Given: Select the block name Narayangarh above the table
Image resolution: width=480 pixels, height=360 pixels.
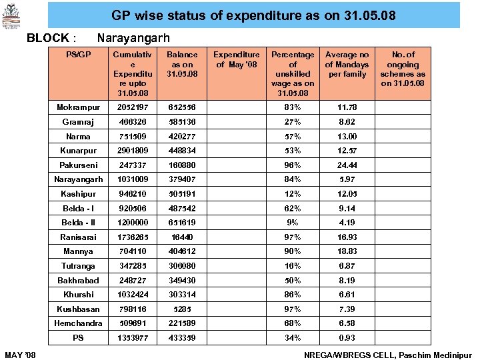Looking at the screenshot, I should point(133,38).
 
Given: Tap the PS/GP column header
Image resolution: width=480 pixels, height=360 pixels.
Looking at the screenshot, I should point(79,55).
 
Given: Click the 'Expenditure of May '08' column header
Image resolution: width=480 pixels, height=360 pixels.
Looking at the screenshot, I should point(237,59).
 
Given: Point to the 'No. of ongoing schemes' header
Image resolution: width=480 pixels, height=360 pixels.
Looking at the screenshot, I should point(403,69).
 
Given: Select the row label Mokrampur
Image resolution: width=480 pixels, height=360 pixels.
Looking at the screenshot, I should point(79,107).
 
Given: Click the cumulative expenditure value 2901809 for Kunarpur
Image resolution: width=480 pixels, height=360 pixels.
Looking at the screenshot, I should point(133,151).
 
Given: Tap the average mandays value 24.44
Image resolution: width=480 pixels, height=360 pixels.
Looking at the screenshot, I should point(347,165).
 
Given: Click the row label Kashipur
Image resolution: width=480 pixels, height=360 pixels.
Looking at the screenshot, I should point(79,194).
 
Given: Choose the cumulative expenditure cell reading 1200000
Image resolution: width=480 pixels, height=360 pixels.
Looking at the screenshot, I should point(133,223).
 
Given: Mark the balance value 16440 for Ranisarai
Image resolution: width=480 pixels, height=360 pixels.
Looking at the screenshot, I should point(182,237).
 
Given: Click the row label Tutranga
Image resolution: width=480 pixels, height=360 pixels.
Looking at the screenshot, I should point(79,266).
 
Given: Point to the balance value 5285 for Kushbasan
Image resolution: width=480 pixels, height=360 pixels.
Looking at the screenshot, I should point(182,309).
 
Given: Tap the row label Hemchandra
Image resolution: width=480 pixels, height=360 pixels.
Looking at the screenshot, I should point(79,323).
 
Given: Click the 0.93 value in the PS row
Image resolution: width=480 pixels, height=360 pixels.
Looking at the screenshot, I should point(347,338).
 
